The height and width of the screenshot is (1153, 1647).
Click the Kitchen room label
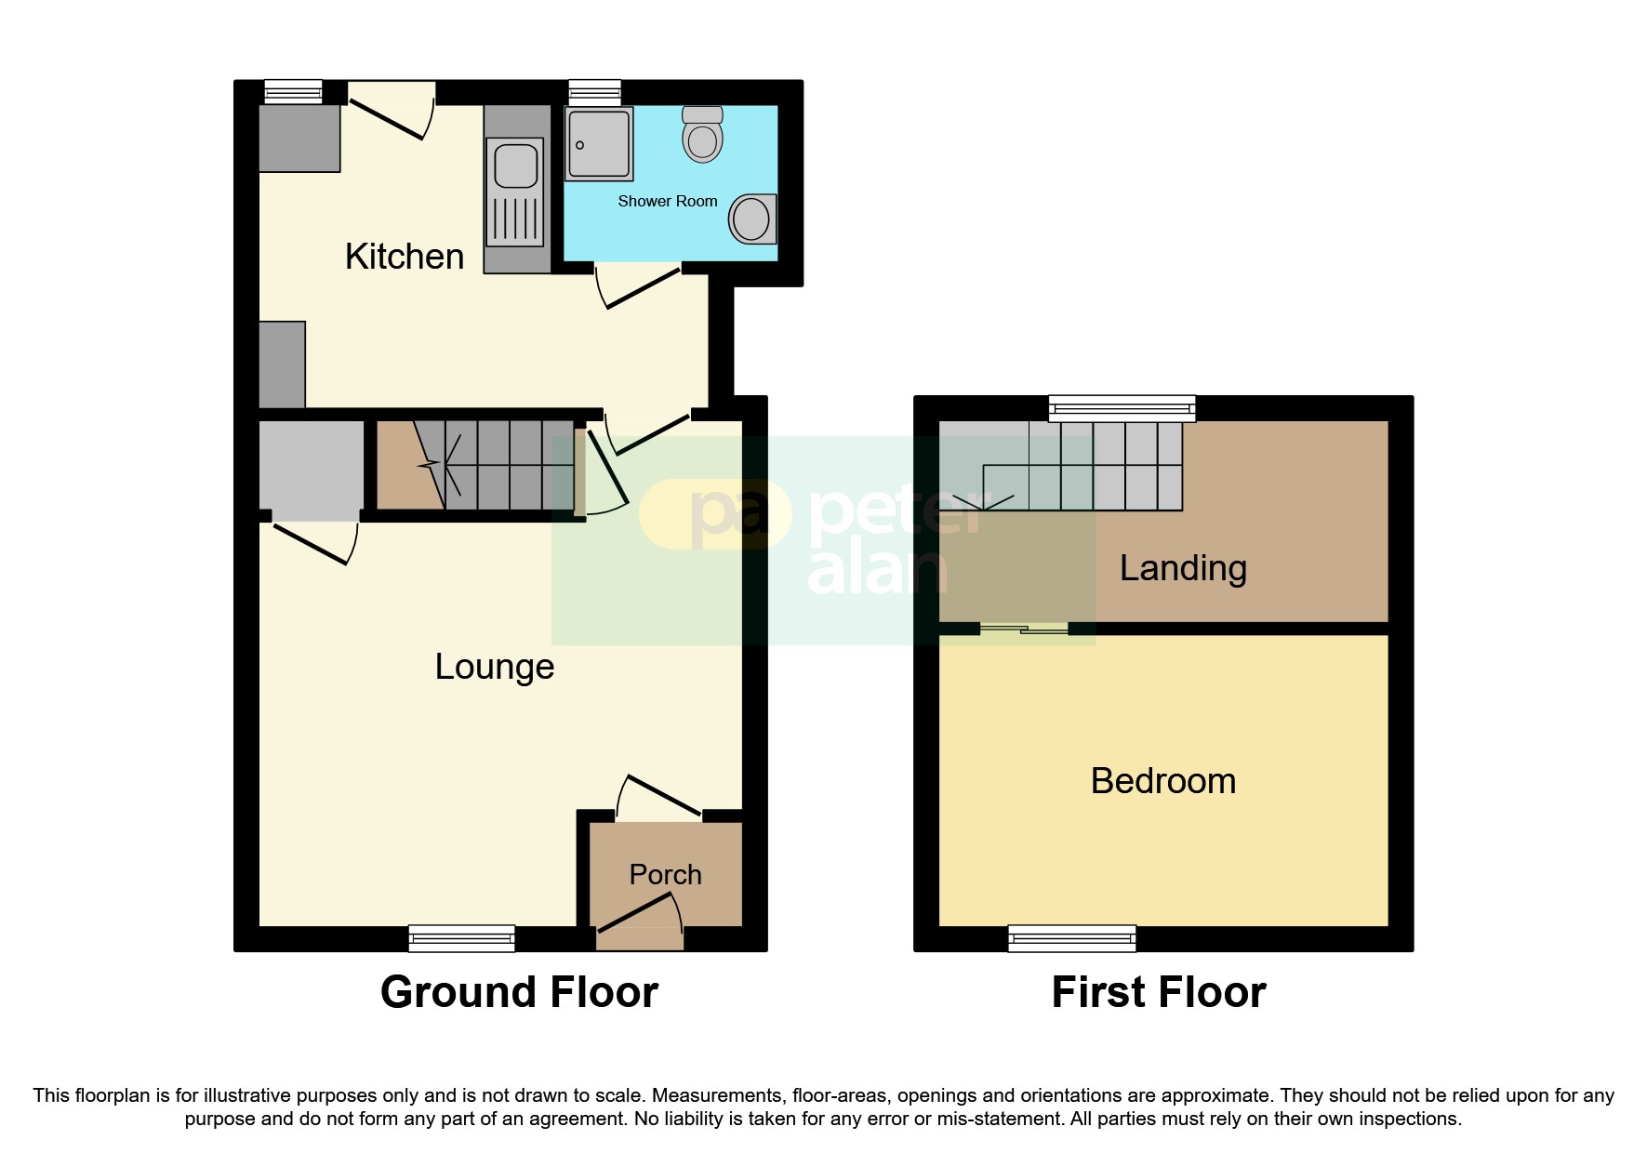pyautogui.click(x=404, y=257)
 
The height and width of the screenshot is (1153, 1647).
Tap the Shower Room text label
pyautogui.click(x=667, y=201)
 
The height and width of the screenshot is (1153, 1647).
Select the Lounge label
pyautogui.click(x=494, y=667)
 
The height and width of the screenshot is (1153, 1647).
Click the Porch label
pyautogui.click(x=665, y=875)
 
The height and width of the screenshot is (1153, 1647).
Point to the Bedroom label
pyautogui.click(x=1162, y=781)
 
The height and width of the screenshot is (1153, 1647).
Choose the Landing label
pyautogui.click(x=1182, y=568)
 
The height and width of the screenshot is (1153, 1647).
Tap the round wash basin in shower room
pyautogui.click(x=750, y=219)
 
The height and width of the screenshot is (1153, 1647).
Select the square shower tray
pyautogui.click(x=599, y=144)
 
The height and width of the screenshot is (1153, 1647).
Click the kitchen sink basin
pyautogui.click(x=516, y=166)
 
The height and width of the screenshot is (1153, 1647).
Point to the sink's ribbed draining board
pyautogui.click(x=515, y=219)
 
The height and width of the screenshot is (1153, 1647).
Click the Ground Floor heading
pyautogui.click(x=519, y=992)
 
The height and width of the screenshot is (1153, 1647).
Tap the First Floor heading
pyautogui.click(x=1158, y=992)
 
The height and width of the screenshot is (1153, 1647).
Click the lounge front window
pyautogui.click(x=461, y=938)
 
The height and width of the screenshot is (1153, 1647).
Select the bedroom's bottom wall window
pyautogui.click(x=1071, y=938)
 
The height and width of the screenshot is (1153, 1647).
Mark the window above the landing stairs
pyautogui.click(x=1122, y=408)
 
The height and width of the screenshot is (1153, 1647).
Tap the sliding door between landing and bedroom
pyautogui.click(x=1024, y=630)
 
